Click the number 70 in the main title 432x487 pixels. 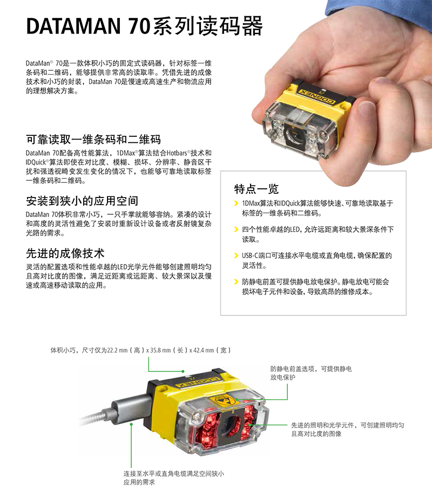139,26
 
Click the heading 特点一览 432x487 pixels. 256,189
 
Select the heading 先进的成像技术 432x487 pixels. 65,253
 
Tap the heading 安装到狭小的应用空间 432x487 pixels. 82,201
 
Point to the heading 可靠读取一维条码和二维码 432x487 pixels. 93,140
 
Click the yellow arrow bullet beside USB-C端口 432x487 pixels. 236,255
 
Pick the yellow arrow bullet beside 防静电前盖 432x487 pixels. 236,282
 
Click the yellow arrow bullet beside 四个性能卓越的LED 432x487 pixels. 236,229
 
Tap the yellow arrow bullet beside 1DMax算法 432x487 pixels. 236,203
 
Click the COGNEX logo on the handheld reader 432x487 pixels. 317,96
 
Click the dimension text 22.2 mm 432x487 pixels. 117,350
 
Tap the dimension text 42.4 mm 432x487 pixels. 204,350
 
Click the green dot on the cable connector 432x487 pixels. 131,424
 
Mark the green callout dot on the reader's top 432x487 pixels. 183,371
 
